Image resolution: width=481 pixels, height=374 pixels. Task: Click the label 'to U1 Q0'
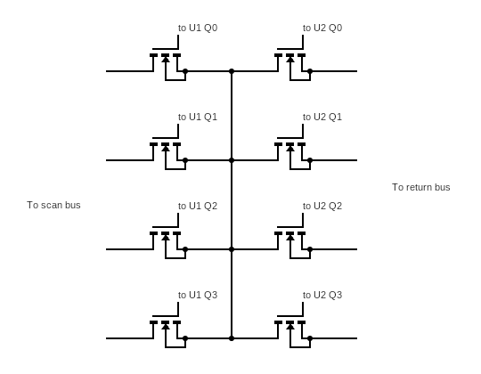click(198, 28)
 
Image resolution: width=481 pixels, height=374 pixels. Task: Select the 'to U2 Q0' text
click(322, 28)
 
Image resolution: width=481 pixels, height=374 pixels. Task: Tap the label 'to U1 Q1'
click(198, 117)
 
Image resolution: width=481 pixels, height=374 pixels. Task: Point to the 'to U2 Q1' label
click(322, 117)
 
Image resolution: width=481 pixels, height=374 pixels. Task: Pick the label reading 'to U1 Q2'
click(198, 206)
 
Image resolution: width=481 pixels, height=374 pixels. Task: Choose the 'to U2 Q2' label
click(322, 206)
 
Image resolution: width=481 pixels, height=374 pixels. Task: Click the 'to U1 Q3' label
click(198, 295)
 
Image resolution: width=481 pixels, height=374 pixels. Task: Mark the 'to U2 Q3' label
click(322, 295)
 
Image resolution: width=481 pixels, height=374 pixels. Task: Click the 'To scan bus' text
click(53, 205)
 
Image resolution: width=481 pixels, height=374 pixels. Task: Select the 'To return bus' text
click(421, 187)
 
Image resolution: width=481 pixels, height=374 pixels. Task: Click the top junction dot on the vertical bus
click(232, 71)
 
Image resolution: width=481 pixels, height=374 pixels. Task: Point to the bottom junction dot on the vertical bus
click(232, 338)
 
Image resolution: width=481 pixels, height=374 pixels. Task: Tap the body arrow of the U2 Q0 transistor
click(290, 59)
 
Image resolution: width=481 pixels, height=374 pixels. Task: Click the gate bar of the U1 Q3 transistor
click(166, 316)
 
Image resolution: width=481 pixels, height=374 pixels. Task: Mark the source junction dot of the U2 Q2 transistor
click(310, 249)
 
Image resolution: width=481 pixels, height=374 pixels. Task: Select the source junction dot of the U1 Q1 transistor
click(185, 160)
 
